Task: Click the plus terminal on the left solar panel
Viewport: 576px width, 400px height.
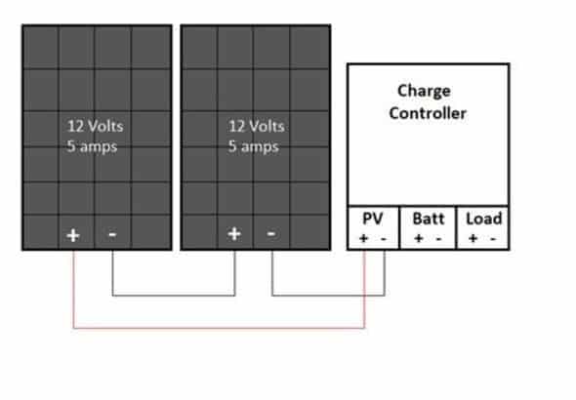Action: point(73,235)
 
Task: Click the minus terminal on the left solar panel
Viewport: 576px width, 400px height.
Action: point(112,234)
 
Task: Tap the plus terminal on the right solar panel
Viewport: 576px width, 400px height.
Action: point(234,234)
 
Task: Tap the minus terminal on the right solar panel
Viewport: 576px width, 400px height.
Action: point(271,233)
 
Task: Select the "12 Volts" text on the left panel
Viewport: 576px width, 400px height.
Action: point(95,126)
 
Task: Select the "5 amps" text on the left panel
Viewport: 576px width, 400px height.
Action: point(92,146)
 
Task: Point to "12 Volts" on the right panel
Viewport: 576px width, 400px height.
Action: point(257,126)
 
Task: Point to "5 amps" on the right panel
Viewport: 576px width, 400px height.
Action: point(254,146)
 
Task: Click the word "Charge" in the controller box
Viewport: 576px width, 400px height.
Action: point(424,91)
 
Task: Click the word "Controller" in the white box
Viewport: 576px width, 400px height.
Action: point(428,113)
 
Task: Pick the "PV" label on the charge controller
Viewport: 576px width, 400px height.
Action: point(373,219)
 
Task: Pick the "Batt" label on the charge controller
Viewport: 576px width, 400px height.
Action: point(429,219)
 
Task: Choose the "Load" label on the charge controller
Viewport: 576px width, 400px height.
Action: point(484,219)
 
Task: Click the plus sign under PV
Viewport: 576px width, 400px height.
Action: point(364,238)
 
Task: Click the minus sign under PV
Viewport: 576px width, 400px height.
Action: point(384,239)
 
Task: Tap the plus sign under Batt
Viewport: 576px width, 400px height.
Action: point(419,238)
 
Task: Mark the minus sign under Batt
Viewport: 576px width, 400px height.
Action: point(438,239)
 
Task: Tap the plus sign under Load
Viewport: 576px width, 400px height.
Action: point(473,238)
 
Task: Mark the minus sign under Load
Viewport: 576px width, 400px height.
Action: point(493,239)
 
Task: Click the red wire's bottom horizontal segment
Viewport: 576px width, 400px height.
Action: point(219,328)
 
